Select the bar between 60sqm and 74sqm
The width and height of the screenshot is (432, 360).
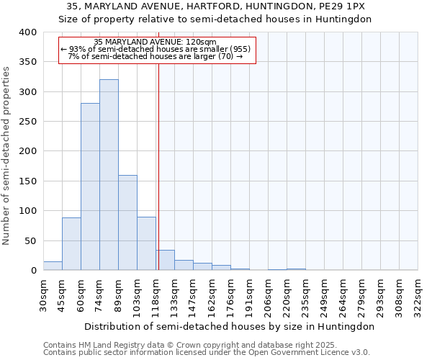coord(90,187)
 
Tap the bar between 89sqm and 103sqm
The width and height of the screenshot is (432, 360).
coord(127,223)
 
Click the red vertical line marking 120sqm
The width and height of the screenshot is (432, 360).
coord(158,166)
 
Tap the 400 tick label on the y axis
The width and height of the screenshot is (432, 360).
coord(27,32)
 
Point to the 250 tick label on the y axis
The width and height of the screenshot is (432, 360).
coord(27,122)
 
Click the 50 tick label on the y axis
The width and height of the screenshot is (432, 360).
coord(30,240)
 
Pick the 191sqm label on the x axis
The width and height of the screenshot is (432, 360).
coord(250,296)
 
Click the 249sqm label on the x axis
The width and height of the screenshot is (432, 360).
coord(325,296)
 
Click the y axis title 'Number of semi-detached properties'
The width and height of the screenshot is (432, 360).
coord(7,155)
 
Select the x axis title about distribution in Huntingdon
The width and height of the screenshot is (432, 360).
coord(229,326)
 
